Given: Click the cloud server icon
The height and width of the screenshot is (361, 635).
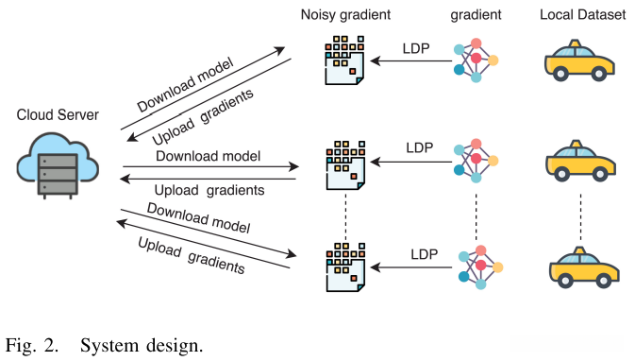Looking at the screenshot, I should [x=57, y=163].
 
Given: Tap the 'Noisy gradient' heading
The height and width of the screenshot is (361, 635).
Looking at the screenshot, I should [x=346, y=14].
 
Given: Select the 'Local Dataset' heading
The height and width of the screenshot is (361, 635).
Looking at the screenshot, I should [x=582, y=14].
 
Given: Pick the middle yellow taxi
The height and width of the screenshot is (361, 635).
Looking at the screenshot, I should [x=579, y=160].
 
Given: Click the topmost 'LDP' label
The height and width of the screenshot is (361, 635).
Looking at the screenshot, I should [x=416, y=47].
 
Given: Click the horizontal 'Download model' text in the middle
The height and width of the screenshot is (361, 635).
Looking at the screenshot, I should [x=208, y=155].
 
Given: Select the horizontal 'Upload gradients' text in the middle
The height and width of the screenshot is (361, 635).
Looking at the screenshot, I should [x=209, y=190].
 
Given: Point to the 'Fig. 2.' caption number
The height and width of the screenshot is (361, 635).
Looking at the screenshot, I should [x=32, y=344].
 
